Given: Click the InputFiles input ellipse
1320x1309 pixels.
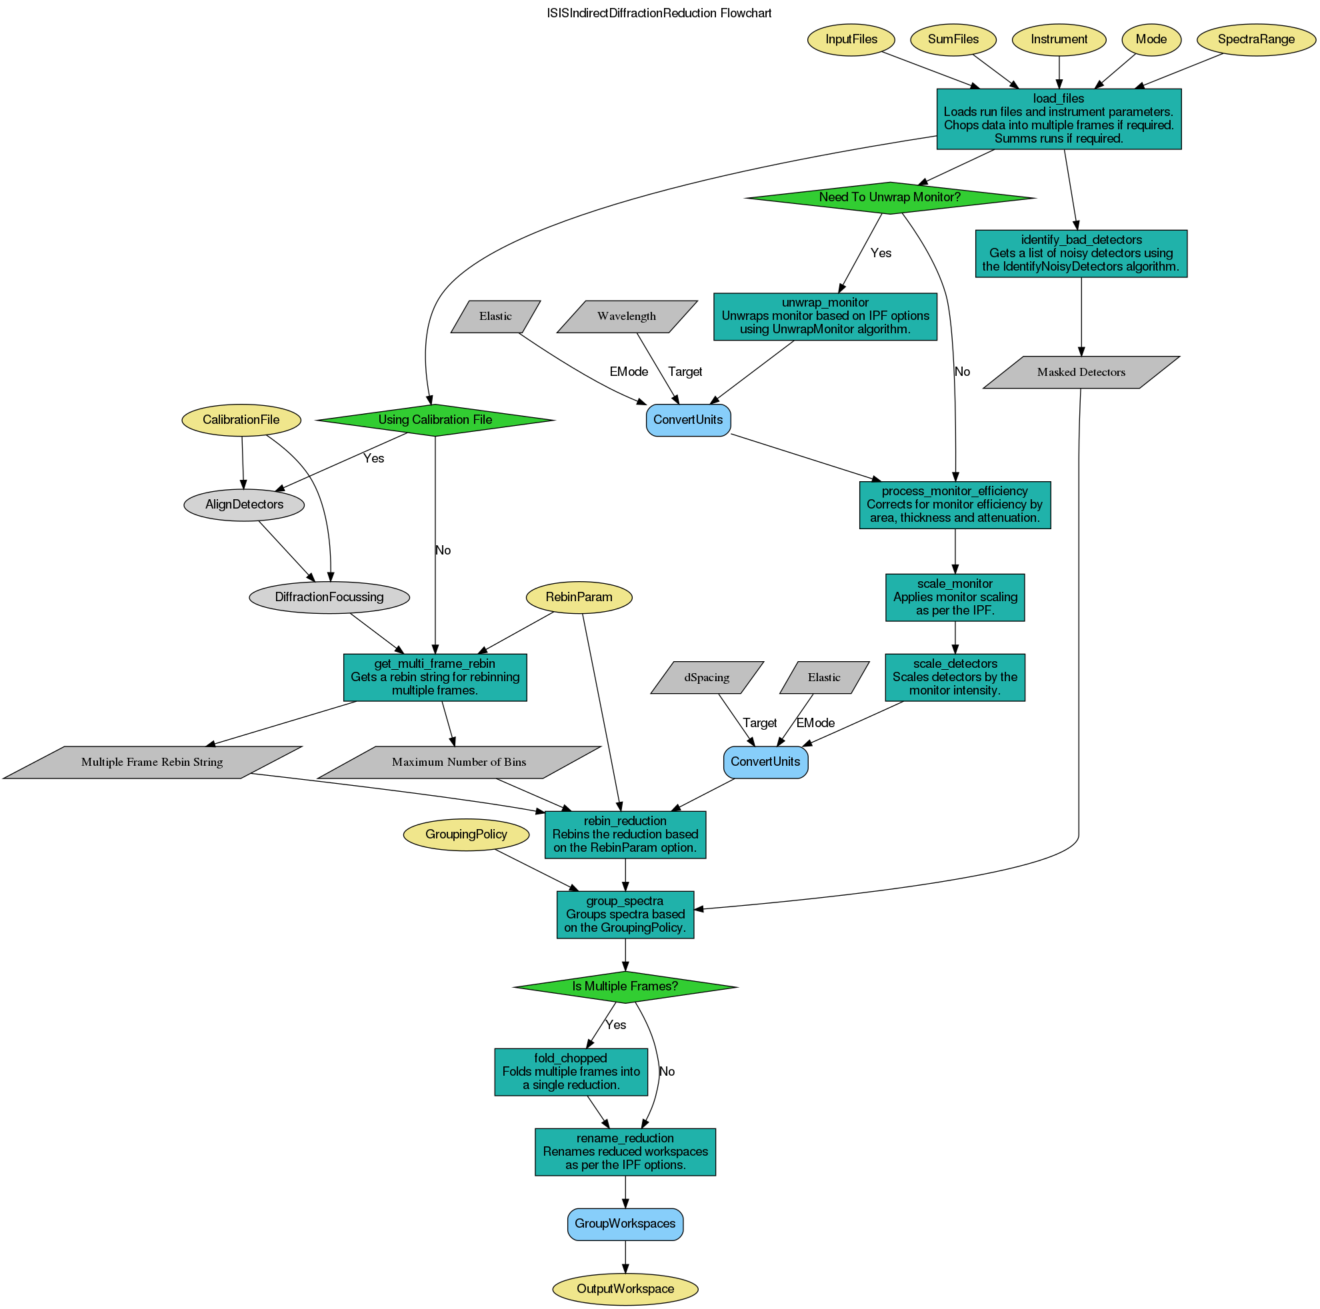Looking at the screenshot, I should [x=851, y=39].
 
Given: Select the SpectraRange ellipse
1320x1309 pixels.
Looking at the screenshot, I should [x=1255, y=39].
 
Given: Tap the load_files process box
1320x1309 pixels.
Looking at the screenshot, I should [x=1057, y=119].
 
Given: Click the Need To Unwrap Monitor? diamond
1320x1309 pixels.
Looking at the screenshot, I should [x=889, y=197].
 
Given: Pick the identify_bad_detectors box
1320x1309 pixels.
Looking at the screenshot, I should [x=1080, y=253].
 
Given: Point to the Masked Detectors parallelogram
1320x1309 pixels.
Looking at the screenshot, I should [x=1080, y=373].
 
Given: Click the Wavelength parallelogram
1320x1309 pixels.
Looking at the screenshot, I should [x=626, y=317].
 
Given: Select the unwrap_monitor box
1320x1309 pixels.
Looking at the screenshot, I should [x=824, y=317].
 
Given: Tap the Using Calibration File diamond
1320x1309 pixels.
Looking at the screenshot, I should [x=435, y=419].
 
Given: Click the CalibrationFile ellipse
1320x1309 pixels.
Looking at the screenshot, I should [x=241, y=419].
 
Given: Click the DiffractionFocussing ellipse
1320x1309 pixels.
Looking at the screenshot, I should [x=329, y=597].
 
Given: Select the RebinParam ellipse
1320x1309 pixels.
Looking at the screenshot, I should [x=578, y=597].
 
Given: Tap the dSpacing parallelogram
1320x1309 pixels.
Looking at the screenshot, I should [x=707, y=678].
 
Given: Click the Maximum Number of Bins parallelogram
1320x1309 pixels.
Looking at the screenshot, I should [x=459, y=762].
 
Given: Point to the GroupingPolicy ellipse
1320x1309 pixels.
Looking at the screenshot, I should [x=465, y=834].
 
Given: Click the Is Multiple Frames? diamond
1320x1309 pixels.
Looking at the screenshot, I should [x=625, y=986].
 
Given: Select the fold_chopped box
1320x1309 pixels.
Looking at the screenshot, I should [x=570, y=1072].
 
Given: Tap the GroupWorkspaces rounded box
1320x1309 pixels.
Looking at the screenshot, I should [x=625, y=1224].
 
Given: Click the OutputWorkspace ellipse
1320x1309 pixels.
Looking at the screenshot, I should [x=625, y=1289].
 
